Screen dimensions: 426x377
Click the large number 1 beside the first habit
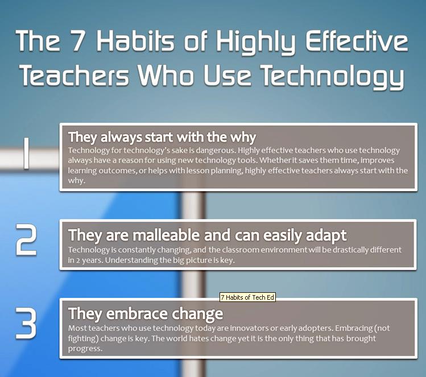point(26,153)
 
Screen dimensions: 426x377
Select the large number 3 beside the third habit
point(26,323)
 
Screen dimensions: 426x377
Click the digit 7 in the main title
point(78,40)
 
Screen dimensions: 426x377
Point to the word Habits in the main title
point(135,40)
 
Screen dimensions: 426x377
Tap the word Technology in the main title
point(333,78)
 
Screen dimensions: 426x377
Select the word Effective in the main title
point(357,40)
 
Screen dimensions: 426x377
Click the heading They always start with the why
point(162,138)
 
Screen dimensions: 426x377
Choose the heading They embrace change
point(146,314)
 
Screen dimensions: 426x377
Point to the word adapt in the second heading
point(326,236)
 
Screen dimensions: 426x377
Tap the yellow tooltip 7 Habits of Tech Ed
point(247,297)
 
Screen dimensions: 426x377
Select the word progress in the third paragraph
point(85,349)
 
